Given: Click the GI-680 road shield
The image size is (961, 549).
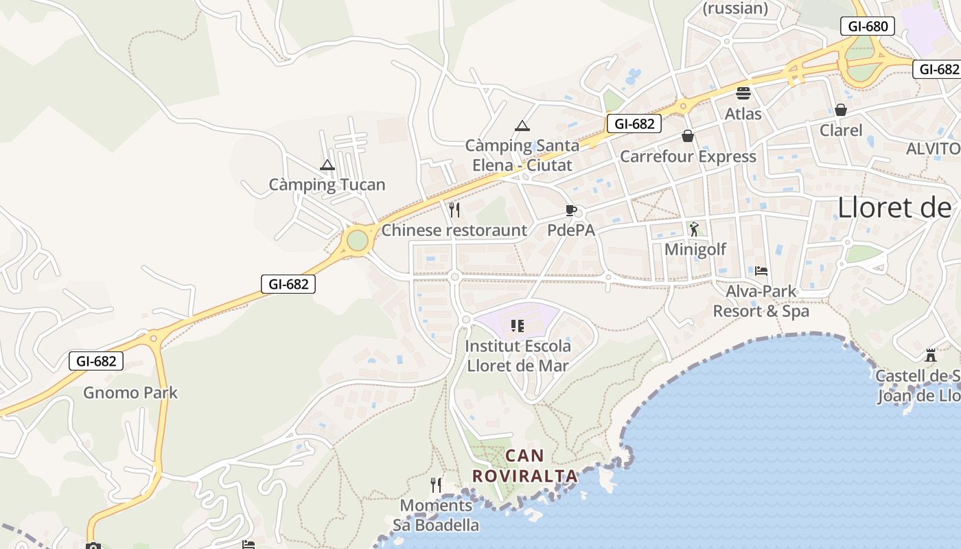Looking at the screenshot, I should click(868, 27).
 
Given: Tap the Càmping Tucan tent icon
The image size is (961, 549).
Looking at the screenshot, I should click(327, 165).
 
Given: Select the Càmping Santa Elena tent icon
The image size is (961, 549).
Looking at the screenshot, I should click(522, 126).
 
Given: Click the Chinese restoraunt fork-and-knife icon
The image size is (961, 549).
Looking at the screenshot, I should click(454, 209).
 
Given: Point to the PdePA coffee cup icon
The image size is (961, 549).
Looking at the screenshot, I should click(570, 210).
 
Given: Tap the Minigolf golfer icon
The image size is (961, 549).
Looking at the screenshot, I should click(694, 229).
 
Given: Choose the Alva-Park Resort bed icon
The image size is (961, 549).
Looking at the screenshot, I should click(761, 271).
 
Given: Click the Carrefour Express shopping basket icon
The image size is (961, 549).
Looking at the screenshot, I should click(688, 137).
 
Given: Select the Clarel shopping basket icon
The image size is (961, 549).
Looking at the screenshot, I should click(841, 110).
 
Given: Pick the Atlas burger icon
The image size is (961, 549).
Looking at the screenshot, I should click(743, 93).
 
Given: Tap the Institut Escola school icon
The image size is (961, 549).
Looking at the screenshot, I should click(518, 325).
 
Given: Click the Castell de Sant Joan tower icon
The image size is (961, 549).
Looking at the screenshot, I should click(931, 355).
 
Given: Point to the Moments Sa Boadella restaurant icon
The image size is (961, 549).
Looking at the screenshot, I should click(436, 485).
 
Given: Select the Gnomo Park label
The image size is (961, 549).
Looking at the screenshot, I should click(130, 393).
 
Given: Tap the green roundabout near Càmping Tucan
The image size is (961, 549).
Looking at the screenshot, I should click(357, 241).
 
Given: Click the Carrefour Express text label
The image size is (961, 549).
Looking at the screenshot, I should click(688, 156).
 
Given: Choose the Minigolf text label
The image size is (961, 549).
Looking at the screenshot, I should click(695, 249).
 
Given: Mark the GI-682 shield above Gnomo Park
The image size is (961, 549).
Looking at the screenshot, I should click(96, 361).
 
